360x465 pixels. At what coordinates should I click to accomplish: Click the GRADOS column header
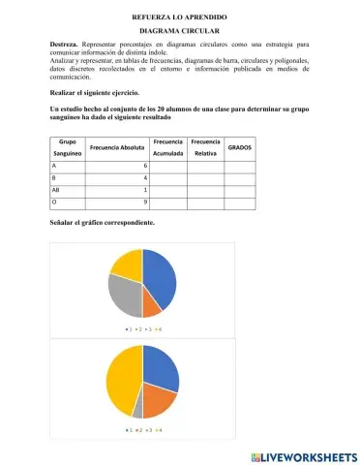pos(239,147)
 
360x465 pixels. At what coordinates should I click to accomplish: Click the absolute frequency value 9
pos(144,201)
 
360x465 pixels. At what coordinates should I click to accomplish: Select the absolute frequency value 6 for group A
pos(144,166)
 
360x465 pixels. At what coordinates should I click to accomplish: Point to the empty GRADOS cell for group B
pos(239,177)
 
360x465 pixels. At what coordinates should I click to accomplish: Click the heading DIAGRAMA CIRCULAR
pos(180,31)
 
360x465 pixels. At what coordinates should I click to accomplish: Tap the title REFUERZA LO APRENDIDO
pos(180,16)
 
